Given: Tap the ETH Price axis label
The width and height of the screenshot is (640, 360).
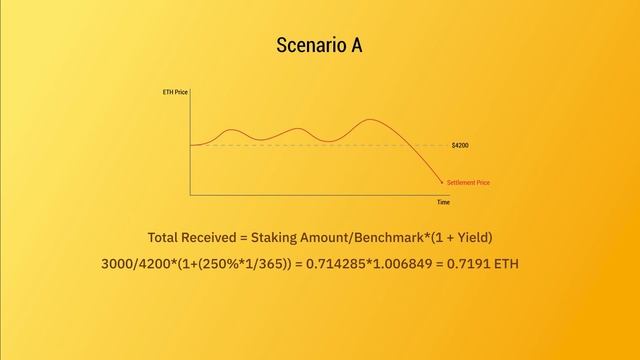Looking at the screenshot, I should coord(174,92).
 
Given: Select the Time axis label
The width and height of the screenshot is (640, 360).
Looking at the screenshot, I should coord(443,202).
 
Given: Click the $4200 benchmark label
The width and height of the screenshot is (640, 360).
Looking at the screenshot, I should coord(460,146).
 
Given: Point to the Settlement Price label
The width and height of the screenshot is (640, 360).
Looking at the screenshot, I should coord(468,183).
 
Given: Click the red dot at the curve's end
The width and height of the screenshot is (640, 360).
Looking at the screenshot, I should coord(441,183).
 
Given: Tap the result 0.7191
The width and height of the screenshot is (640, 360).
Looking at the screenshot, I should coord(474,264).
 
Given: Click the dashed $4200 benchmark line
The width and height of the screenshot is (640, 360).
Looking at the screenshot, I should coord(300,146).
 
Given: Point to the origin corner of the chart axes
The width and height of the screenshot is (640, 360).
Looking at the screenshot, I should coord(190,194).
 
